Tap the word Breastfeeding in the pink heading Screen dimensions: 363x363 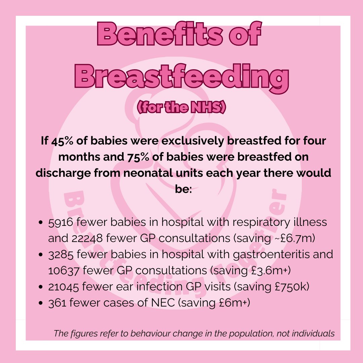pos(181,77)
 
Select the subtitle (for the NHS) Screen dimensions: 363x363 pos(181,108)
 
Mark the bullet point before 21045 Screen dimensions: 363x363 pos(41,287)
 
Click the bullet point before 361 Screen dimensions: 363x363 pos(41,303)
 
